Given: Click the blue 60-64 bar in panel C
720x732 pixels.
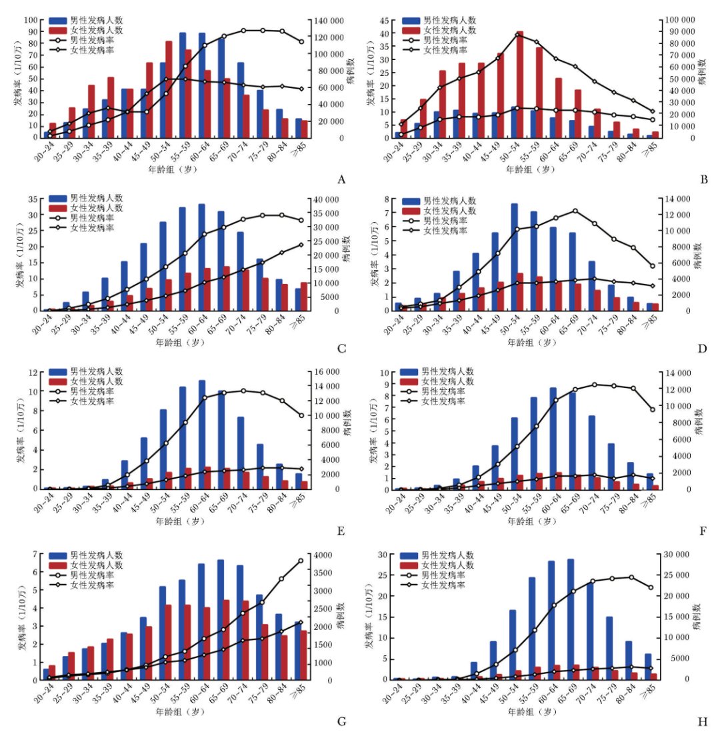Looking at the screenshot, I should (202, 257).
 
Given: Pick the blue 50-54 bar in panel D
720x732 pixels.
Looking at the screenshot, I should (515, 257).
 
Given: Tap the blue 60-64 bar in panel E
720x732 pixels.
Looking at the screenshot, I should (202, 434).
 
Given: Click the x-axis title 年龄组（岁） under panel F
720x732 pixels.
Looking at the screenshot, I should (531, 522).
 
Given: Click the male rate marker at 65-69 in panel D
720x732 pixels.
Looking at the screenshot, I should (575, 211).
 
